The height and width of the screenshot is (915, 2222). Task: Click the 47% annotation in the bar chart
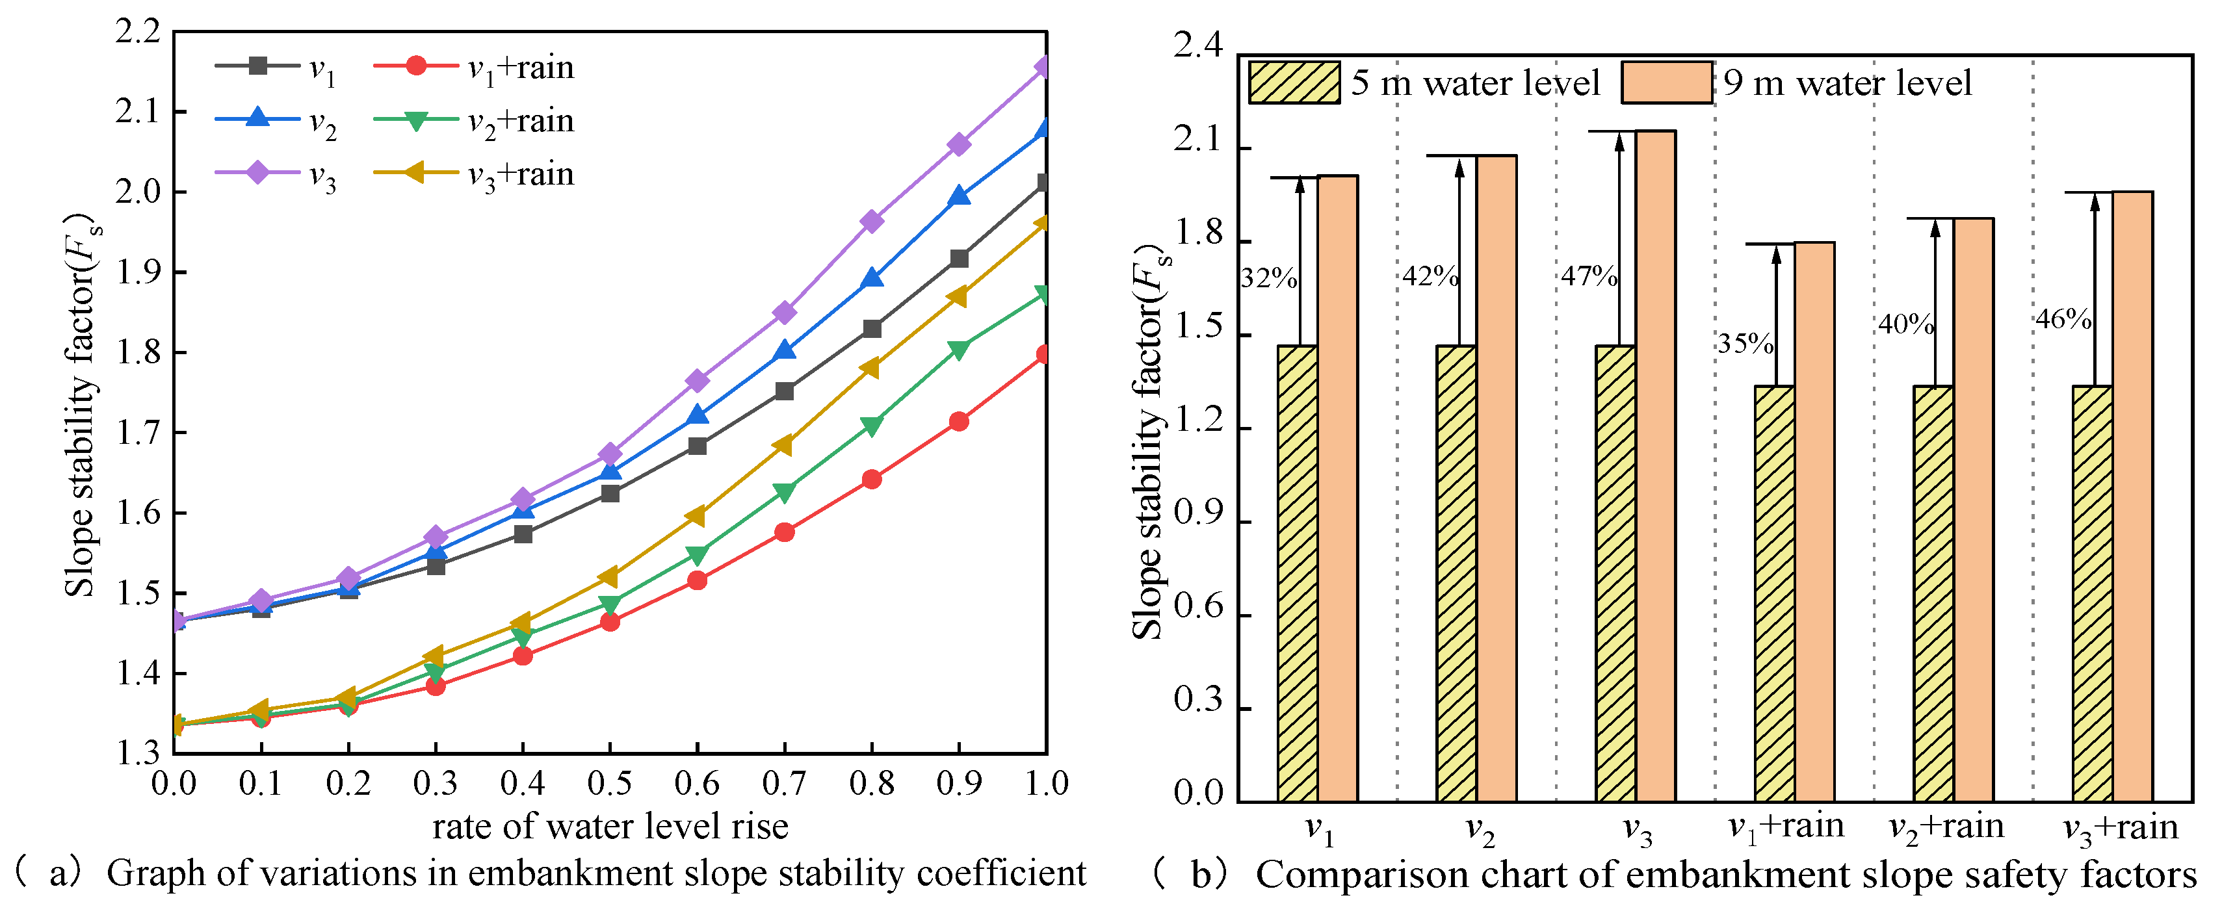pyautogui.click(x=1589, y=276)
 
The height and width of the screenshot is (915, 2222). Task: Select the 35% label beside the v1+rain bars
pyautogui.click(x=1745, y=344)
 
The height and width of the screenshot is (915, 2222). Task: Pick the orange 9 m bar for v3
pyautogui.click(x=1655, y=466)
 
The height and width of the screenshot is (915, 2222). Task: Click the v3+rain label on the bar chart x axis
pyautogui.click(x=2119, y=829)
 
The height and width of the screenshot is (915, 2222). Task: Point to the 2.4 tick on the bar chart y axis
pyautogui.click(x=1198, y=45)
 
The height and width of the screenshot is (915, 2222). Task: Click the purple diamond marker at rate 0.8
pyautogui.click(x=872, y=222)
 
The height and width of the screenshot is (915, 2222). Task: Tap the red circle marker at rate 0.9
pyautogui.click(x=958, y=422)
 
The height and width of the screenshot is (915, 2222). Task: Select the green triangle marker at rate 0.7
pyautogui.click(x=784, y=493)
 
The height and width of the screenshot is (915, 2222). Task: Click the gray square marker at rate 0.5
pyautogui.click(x=610, y=493)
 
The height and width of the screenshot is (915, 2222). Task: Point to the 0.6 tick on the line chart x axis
pyautogui.click(x=697, y=784)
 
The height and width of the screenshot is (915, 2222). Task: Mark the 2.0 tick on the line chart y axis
pyautogui.click(x=138, y=192)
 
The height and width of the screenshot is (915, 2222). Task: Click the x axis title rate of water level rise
pyautogui.click(x=610, y=827)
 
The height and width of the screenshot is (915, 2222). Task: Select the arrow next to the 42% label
pyautogui.click(x=1459, y=250)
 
